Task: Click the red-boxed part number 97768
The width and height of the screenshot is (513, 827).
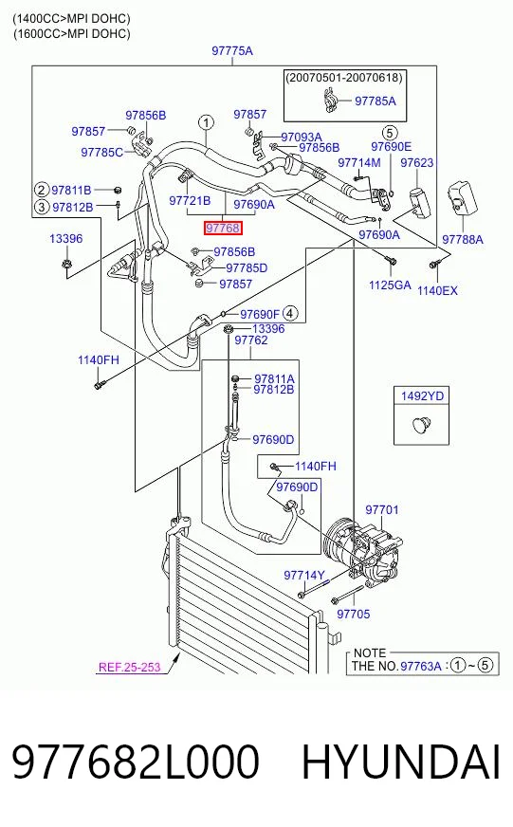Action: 223,228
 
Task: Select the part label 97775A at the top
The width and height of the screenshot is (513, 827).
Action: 232,50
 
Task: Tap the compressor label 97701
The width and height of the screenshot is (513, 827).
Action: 382,510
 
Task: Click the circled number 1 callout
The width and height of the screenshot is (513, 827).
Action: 206,123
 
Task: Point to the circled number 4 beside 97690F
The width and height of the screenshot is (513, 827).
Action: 290,314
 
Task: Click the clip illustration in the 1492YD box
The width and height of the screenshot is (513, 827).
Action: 422,424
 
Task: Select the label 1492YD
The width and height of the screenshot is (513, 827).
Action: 422,396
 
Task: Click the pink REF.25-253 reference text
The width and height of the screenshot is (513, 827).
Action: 129,667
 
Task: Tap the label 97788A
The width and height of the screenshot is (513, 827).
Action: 463,239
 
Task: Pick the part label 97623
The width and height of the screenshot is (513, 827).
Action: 417,162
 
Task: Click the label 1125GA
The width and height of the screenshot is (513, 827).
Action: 390,285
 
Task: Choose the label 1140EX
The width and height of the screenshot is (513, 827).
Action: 437,290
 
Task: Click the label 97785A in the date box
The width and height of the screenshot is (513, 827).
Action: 376,101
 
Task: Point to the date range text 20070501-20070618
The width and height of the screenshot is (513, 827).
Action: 344,78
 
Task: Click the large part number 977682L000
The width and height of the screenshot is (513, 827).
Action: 136,762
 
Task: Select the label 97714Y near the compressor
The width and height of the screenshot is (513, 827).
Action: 304,575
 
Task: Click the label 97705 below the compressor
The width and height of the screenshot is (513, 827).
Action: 354,614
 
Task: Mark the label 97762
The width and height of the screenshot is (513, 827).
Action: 251,340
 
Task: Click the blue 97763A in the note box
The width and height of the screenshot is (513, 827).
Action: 421,666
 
